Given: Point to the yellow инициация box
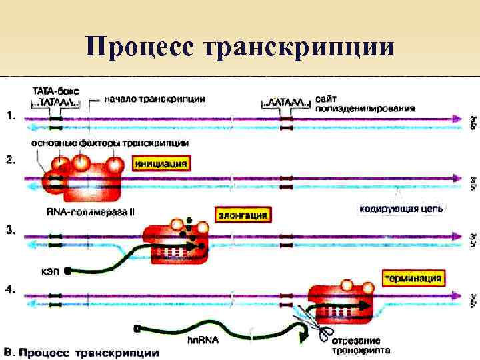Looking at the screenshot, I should [x=161, y=163].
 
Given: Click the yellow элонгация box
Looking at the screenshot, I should [x=244, y=215].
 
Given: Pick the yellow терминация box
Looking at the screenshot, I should [x=413, y=276].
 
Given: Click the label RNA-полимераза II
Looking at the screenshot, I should [x=100, y=212].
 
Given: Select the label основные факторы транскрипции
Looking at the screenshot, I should [x=109, y=143].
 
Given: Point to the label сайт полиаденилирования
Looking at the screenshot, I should [x=365, y=103].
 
